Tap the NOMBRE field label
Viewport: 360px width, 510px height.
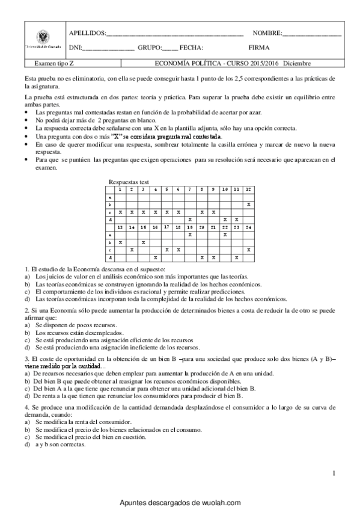pos(266,32)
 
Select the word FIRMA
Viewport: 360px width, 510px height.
pos(258,48)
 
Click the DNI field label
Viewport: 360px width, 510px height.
pos(75,48)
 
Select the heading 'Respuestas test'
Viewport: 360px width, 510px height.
pos(129,182)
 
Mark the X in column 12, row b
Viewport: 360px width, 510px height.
pos(248,204)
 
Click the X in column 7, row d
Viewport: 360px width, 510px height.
pos(190,220)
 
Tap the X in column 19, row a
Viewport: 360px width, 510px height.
pos(190,235)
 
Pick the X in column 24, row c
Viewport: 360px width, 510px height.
pos(248,250)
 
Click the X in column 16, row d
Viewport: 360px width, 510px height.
pos(155,257)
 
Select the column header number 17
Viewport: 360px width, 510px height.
pos(166,227)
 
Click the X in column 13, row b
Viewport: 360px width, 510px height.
pos(120,242)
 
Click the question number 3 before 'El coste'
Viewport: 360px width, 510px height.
pos(26,358)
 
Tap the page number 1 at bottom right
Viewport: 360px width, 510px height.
pos(333,475)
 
